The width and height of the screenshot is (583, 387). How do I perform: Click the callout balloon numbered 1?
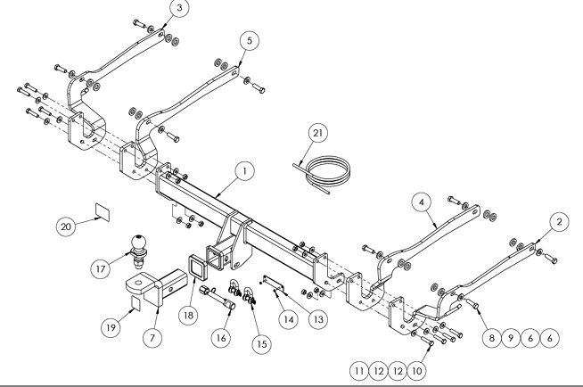pos(244,171)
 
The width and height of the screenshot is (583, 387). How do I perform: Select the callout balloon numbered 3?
pos(179,8)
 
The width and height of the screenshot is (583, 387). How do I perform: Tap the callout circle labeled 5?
pos(250,40)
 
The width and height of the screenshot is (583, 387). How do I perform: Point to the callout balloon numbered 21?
pos(318,133)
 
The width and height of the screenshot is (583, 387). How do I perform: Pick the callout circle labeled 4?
pos(422,202)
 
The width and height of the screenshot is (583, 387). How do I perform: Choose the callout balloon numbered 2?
pos(559,222)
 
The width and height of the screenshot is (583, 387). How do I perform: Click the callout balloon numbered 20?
pos(66,226)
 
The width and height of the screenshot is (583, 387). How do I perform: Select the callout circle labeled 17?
pos(101,268)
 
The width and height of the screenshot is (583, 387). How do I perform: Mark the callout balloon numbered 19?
pos(111,327)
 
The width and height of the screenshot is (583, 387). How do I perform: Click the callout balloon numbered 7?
pos(152,338)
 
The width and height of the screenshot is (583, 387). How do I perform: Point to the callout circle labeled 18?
pos(188,316)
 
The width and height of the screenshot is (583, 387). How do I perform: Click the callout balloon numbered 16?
pos(221,338)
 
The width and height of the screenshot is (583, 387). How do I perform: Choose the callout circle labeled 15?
pos(262,344)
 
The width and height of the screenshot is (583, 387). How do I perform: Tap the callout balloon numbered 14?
pos(289,319)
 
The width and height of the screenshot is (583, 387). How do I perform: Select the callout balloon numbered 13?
pos(318,319)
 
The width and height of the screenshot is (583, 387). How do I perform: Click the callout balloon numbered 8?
pos(491,338)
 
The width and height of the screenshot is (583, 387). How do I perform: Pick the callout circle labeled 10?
pos(417,371)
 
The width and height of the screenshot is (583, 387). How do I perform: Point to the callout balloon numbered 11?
pos(359,371)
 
